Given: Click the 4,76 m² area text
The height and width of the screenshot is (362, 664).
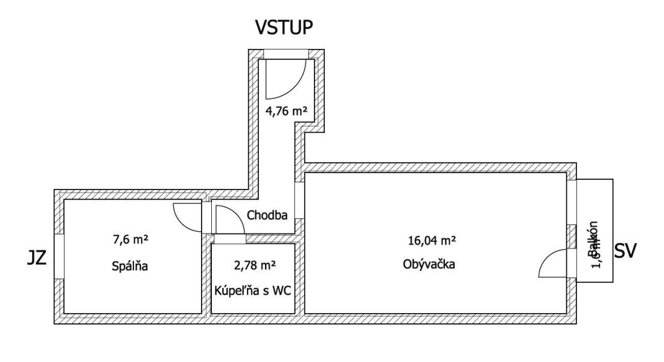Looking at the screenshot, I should [x=287, y=110].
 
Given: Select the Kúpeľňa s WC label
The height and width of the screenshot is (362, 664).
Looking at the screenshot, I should [x=253, y=290].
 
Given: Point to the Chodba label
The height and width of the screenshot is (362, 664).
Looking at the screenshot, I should [x=266, y=215].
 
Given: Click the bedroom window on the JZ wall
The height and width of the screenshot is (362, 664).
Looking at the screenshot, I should [x=59, y=256].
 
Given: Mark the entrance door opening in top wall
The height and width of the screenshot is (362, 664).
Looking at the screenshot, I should [x=287, y=54].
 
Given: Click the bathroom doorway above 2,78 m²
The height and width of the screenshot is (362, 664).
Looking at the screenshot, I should [x=230, y=239].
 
